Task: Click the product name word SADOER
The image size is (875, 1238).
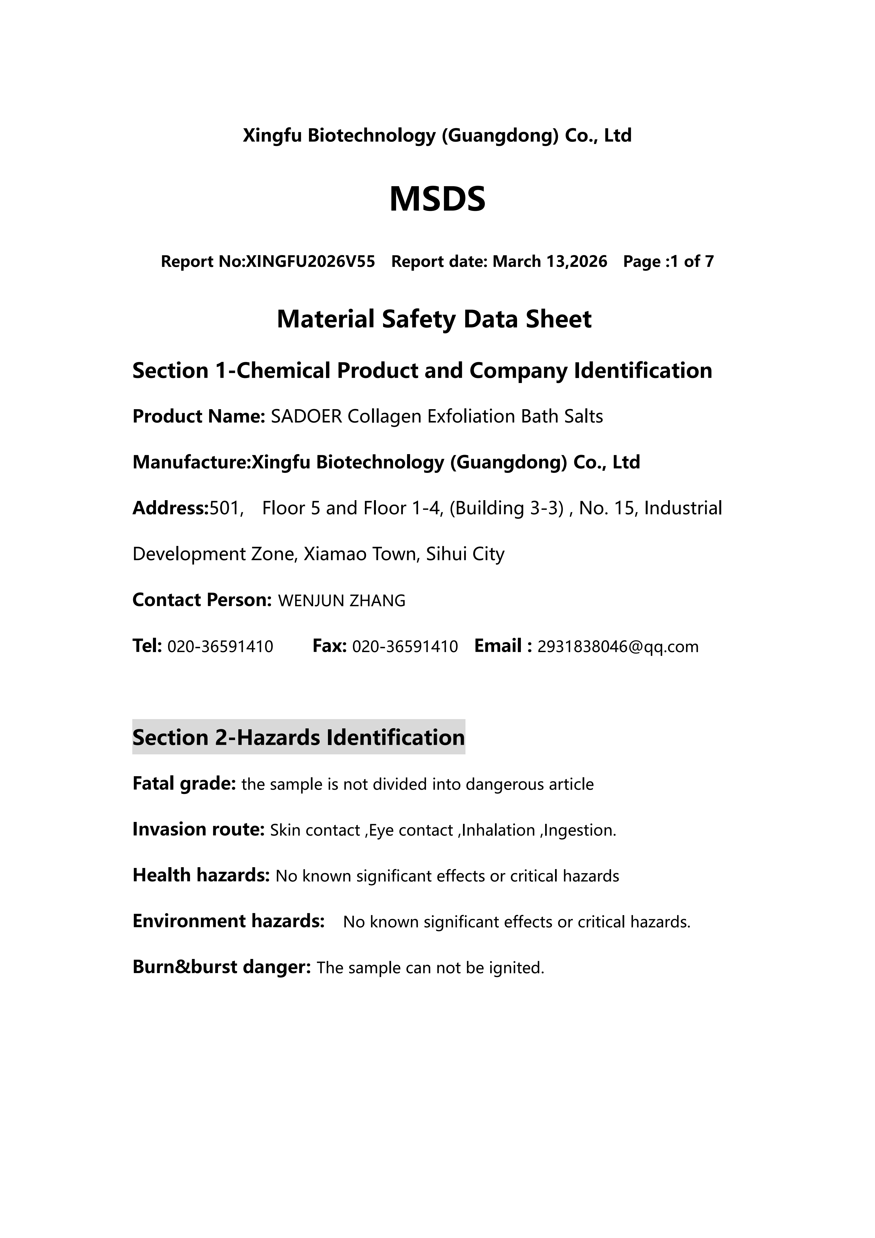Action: pos(306,417)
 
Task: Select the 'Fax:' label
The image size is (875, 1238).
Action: pos(329,646)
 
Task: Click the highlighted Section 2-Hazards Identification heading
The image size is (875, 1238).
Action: pos(298,737)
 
